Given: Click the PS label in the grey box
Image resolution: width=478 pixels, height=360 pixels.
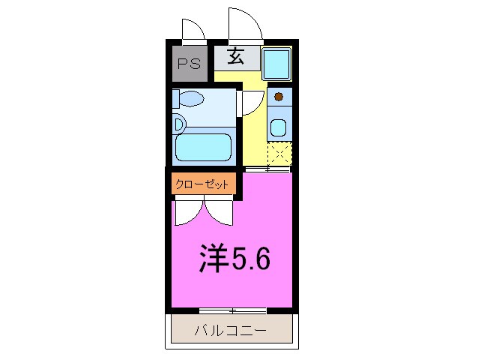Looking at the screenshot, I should coord(189,64).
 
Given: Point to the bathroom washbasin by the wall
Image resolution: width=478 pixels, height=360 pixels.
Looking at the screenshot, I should coord(178,124).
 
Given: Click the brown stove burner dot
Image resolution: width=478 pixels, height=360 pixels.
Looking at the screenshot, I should coord(279,96).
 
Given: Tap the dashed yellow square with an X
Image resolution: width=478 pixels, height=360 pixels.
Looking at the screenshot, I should coord(279,154).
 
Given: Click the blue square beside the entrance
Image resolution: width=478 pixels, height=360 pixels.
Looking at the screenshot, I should coord(277,64).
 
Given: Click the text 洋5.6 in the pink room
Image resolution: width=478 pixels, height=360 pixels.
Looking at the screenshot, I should coord(235,258).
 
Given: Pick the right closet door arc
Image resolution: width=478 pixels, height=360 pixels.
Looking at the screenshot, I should coord(221,213).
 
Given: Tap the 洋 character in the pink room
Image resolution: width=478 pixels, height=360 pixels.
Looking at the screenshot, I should coord(214,258).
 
